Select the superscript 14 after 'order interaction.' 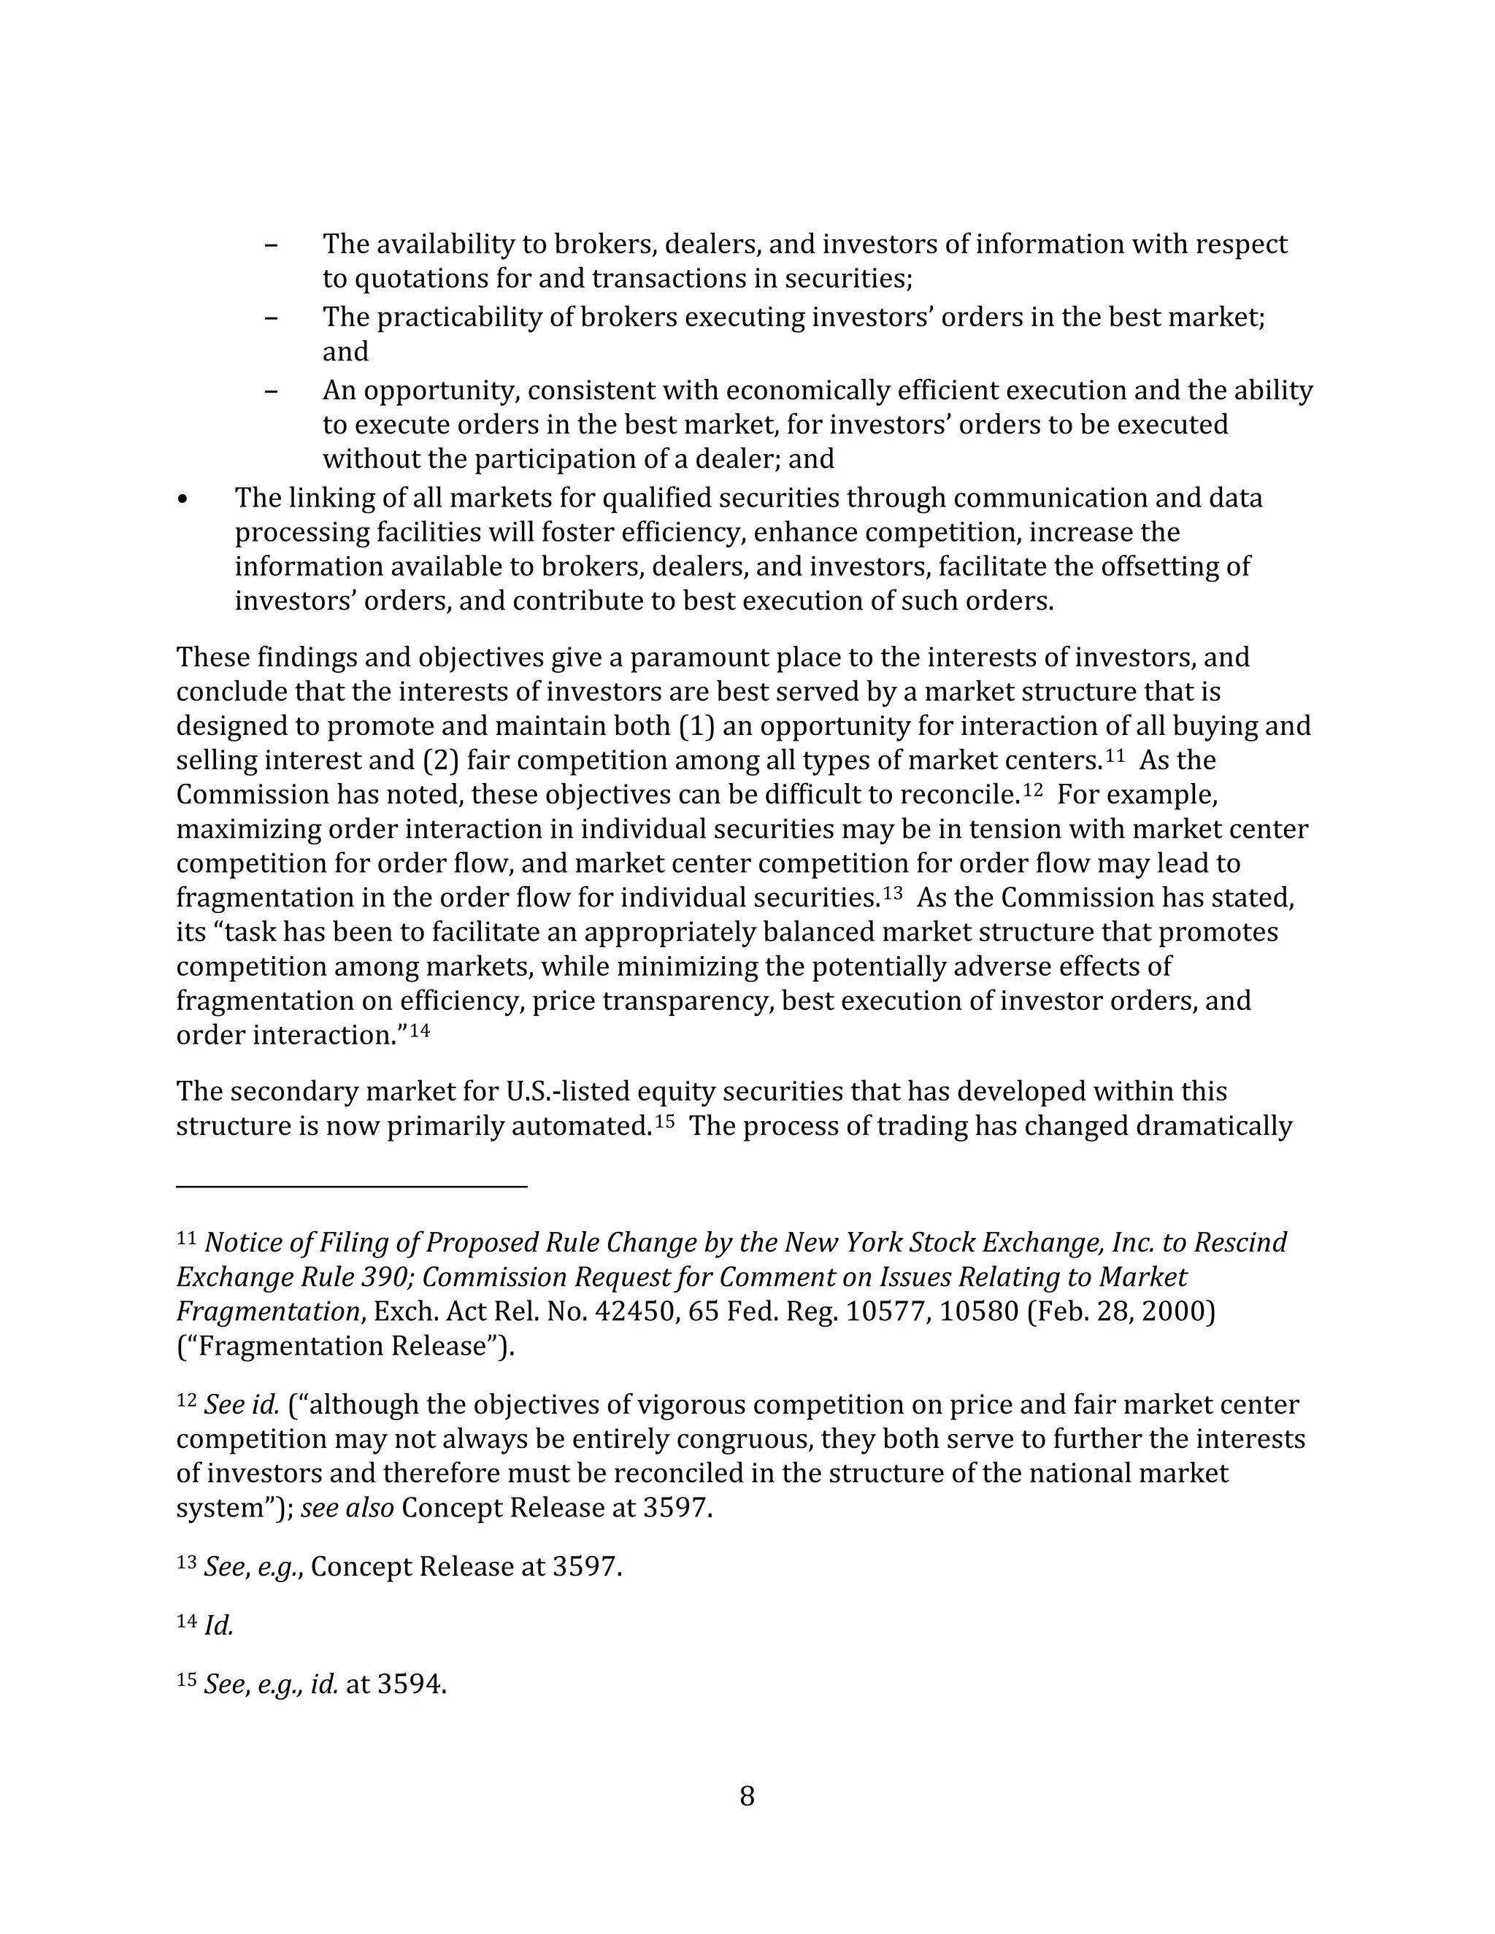(420, 1030)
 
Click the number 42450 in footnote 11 (635, 1311)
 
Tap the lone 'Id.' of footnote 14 (218, 1626)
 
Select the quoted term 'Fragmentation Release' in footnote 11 (345, 1346)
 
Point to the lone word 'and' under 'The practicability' (345, 352)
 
